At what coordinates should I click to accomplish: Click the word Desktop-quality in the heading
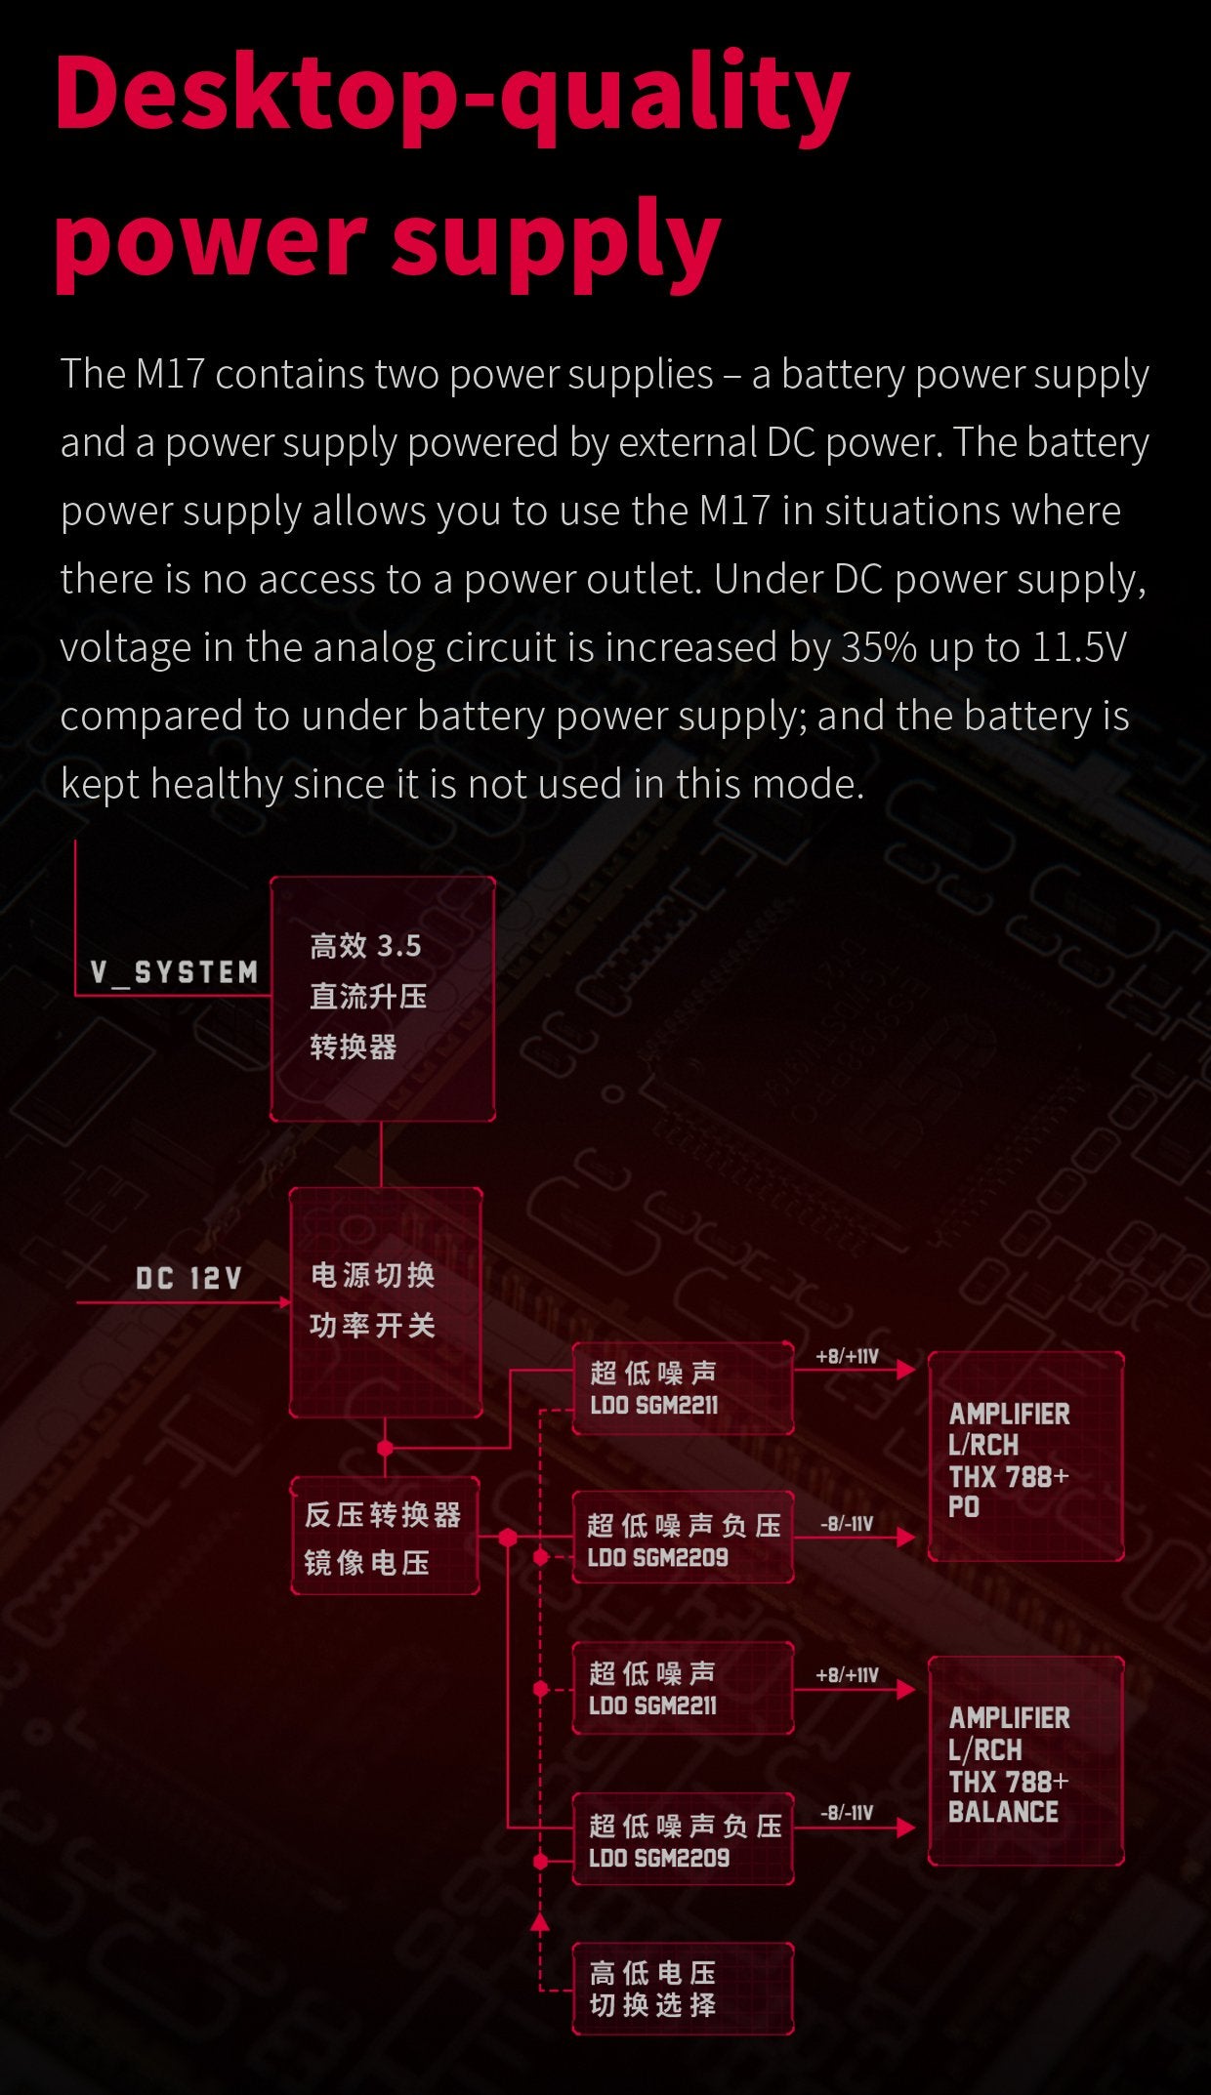pyautogui.click(x=451, y=94)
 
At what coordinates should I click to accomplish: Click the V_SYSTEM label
pyautogui.click(x=174, y=972)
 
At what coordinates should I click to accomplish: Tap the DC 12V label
pyautogui.click(x=188, y=1278)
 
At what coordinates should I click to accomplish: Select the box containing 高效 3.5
pyautogui.click(x=382, y=998)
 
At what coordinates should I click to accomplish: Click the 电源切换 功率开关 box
pyautogui.click(x=385, y=1301)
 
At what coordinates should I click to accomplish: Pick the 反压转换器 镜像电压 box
pyautogui.click(x=385, y=1537)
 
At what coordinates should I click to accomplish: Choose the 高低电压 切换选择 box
pyautogui.click(x=682, y=1989)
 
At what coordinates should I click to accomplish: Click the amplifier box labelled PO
pyautogui.click(x=1024, y=1456)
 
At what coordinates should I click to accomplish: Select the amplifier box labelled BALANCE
pyautogui.click(x=1024, y=1761)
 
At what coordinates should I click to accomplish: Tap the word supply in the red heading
pyautogui.click(x=555, y=240)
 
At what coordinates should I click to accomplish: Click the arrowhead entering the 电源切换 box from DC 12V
pyautogui.click(x=285, y=1302)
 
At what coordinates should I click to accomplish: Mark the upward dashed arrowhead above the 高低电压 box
pyautogui.click(x=539, y=1923)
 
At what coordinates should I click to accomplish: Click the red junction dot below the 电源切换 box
pyautogui.click(x=385, y=1447)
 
